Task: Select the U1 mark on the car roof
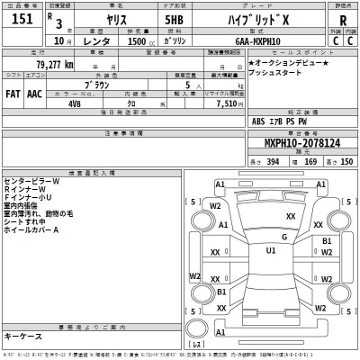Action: (270, 251)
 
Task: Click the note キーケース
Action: (22, 335)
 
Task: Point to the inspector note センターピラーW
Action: (32, 181)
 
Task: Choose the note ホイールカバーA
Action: (31, 230)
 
